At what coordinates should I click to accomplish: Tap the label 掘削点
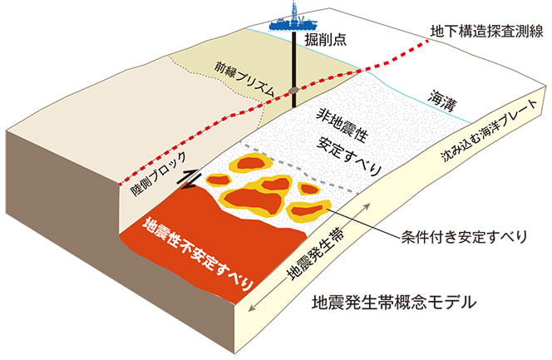tap(330, 38)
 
